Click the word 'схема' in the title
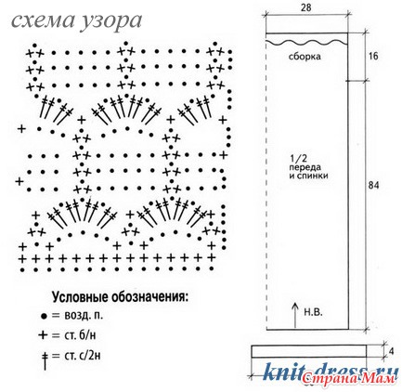point(43,21)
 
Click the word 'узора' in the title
point(111,22)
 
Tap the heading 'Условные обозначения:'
point(120,297)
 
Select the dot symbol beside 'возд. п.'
point(44,317)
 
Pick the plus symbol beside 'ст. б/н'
point(44,335)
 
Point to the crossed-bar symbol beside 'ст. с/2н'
point(45,360)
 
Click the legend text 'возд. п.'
point(84,316)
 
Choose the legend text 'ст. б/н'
point(80,335)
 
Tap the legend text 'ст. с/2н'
point(83,356)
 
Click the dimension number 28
point(305,7)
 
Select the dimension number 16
point(373,56)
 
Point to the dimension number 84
point(374,185)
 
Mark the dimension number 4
point(392,352)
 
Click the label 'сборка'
point(305,57)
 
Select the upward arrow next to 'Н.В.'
point(295,315)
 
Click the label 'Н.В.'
point(313,312)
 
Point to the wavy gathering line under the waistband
point(306,42)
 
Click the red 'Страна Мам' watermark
point(349,378)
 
